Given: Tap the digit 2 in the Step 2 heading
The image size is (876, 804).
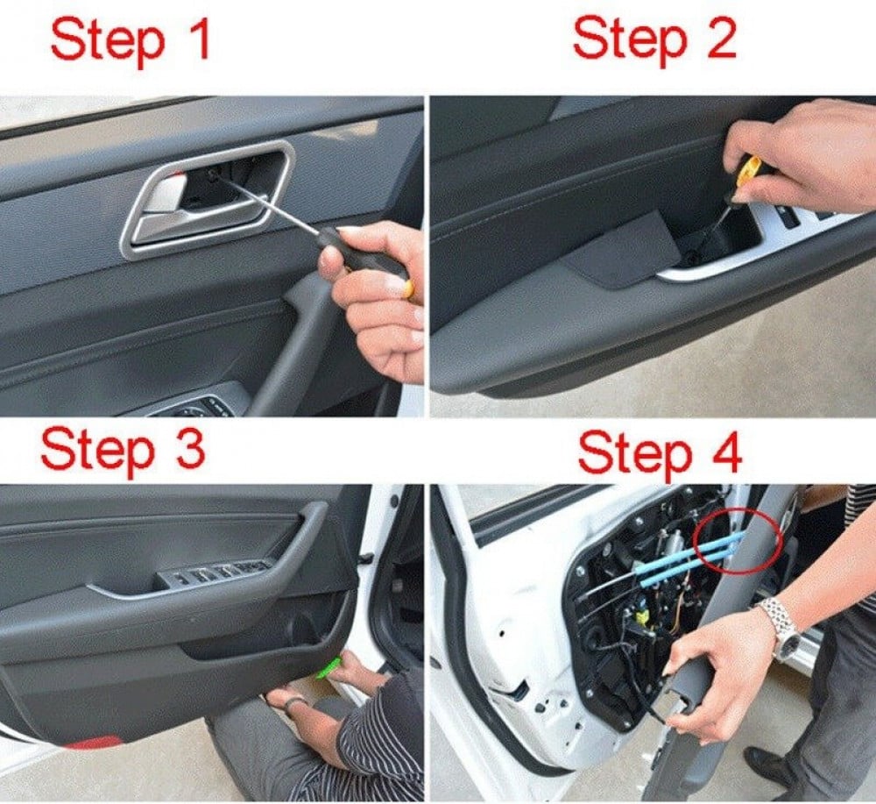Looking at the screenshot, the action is tap(718, 37).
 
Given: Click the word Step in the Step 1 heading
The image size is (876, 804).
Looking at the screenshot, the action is tap(107, 42).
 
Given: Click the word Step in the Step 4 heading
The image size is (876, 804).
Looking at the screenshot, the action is tap(634, 456).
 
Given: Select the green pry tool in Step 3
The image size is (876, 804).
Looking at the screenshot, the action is tap(329, 667).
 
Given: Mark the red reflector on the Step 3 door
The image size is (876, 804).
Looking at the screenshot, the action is tap(92, 743).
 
